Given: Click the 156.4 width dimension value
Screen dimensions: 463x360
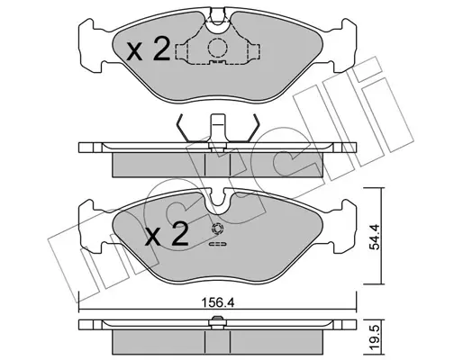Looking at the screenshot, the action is pyautogui.click(x=217, y=303).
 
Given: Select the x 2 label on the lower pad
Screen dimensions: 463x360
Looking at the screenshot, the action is pyautogui.click(x=167, y=234).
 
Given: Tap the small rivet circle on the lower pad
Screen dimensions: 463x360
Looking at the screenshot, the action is pyautogui.click(x=218, y=229).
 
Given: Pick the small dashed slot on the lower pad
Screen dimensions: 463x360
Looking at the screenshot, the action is pyautogui.click(x=218, y=245).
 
